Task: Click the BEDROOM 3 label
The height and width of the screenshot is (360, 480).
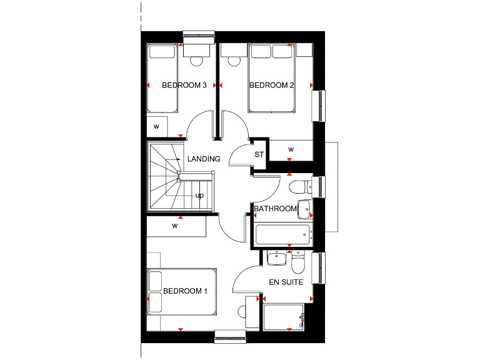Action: click(x=184, y=86)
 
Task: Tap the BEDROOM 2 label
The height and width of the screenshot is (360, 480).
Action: click(x=272, y=86)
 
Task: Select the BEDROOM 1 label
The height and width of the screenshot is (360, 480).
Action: click(x=185, y=291)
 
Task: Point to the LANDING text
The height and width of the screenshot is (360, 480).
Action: click(x=204, y=159)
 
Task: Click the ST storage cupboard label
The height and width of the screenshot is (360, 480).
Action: click(x=259, y=154)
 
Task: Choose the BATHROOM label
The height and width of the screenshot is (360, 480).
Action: click(x=275, y=209)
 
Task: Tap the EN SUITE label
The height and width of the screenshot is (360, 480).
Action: click(x=286, y=282)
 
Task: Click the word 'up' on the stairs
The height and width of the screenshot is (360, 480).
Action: click(x=200, y=196)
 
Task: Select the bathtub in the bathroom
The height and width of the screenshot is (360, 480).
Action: click(x=283, y=234)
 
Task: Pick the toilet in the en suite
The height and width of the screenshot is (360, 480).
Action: click(x=299, y=264)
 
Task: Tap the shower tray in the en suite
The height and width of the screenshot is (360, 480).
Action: click(x=284, y=317)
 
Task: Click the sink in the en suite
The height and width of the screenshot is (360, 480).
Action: click(x=276, y=258)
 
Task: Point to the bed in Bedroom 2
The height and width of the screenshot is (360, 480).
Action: click(x=271, y=77)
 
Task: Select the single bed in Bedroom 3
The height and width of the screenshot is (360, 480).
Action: click(x=162, y=78)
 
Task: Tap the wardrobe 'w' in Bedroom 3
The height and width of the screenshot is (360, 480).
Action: click(x=156, y=127)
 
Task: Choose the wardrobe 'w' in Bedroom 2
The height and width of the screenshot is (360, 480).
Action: click(x=291, y=149)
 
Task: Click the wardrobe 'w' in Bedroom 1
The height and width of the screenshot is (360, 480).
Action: click(x=176, y=226)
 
